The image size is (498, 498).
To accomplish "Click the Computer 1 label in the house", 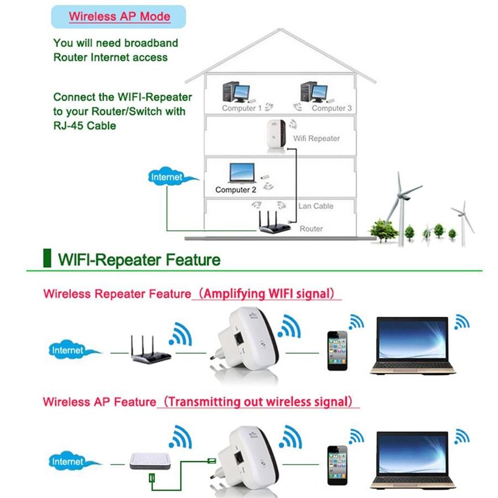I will pyautogui.click(x=242, y=108).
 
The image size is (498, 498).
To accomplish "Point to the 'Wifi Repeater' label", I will pyautogui.click(x=316, y=138).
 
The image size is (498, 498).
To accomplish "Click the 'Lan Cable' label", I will pyautogui.click(x=315, y=206).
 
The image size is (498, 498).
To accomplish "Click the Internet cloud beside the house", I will pyautogui.click(x=167, y=178).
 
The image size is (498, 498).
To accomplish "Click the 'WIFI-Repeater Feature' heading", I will pyautogui.click(x=139, y=260).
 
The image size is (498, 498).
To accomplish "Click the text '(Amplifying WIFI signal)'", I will pyautogui.click(x=268, y=293).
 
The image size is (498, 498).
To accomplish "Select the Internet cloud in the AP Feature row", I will pyautogui.click(x=68, y=461).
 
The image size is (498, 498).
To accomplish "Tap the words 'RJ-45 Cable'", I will pyautogui.click(x=85, y=126).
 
